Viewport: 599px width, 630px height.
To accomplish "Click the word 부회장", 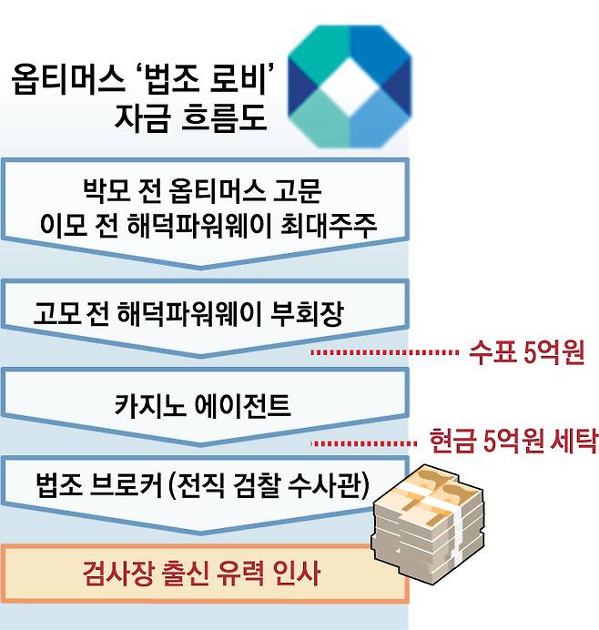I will pos(310,315).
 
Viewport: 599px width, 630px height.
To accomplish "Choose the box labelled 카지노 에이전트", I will pos(203,405).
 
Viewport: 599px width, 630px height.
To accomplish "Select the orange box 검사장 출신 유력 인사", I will pos(203,574).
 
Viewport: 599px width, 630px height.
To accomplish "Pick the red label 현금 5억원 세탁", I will pos(513,442).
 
